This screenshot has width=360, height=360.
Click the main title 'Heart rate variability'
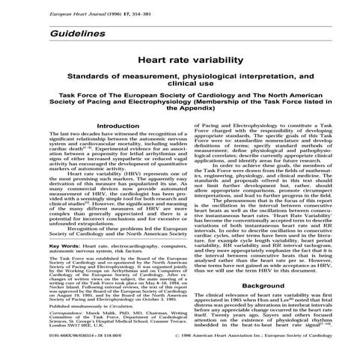[x=180, y=67]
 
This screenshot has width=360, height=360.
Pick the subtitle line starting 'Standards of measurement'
[x=180, y=79]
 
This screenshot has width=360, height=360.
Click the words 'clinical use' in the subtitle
[x=180, y=88]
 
